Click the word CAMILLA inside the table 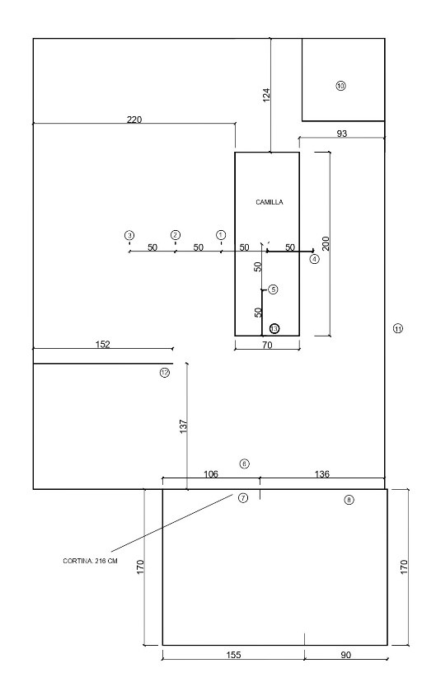tap(270, 202)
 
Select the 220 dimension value tap(134, 119)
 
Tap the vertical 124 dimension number tap(266, 96)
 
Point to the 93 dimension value tap(342, 134)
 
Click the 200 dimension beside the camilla tap(326, 243)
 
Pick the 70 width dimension tap(267, 346)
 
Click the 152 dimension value tap(103, 345)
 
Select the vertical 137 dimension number tap(183, 426)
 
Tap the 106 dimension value tap(211, 474)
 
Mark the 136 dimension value tap(322, 474)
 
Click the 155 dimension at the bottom tap(233, 655)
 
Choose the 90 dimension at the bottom tap(346, 655)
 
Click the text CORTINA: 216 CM tap(90, 561)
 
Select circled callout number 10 tap(340, 86)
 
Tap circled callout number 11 tap(398, 328)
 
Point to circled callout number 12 tap(165, 373)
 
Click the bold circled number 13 tap(274, 328)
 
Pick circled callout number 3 tap(129, 235)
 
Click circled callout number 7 tap(243, 498)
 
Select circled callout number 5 tap(273, 289)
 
